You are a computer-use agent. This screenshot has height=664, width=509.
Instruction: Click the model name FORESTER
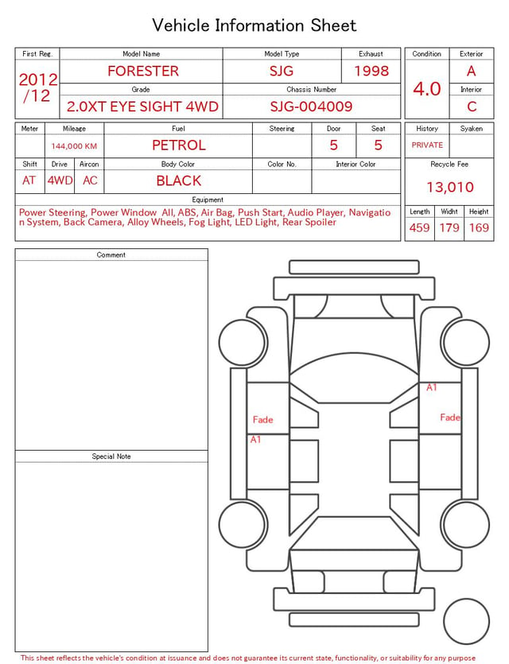(143, 71)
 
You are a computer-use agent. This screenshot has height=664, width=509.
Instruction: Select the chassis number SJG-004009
(311, 107)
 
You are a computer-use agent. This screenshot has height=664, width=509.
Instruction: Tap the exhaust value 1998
(371, 71)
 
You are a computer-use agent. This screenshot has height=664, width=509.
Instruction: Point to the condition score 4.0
(427, 89)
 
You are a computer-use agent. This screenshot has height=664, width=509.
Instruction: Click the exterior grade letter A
(472, 71)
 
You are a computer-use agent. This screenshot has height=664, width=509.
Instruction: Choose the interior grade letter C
(472, 107)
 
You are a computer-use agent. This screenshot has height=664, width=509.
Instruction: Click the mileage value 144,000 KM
(74, 146)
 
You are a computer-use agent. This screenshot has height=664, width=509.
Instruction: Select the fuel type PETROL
(179, 146)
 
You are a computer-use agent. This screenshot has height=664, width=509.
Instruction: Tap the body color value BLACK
(179, 181)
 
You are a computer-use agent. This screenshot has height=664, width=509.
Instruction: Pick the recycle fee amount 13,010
(449, 187)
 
